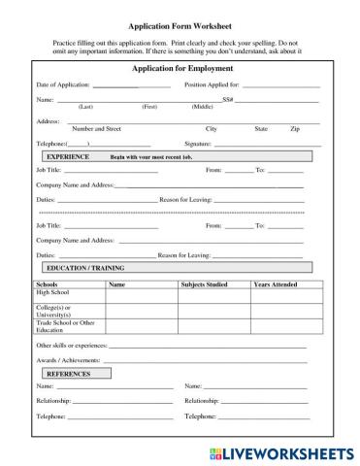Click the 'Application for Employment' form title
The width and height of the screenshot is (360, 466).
tap(180, 69)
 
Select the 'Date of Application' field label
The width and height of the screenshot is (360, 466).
tap(64, 85)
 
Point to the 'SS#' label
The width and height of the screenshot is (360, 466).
tap(227, 100)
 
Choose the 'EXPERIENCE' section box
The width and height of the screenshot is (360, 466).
tap(68, 155)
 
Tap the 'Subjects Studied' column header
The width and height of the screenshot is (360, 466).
tap(204, 284)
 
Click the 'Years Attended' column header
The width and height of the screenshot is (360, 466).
tap(276, 284)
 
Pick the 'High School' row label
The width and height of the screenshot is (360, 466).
tap(53, 292)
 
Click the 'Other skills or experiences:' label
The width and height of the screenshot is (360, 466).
tap(72, 346)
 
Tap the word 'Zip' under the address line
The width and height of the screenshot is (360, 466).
tap(294, 128)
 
